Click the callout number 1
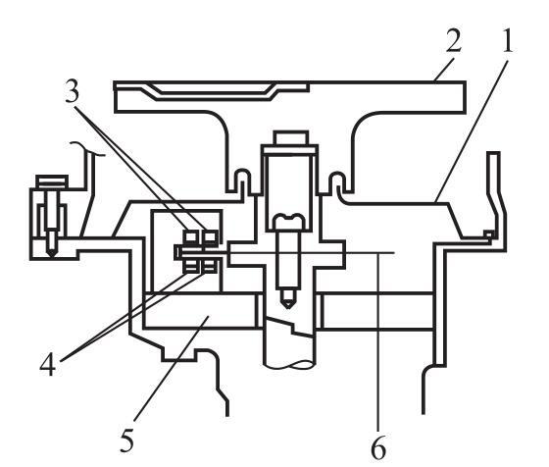(x=505, y=42)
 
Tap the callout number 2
(x=454, y=40)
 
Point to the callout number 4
(x=47, y=364)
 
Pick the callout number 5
(x=127, y=440)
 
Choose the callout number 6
(x=378, y=447)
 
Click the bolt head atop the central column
(x=291, y=137)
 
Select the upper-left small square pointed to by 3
(x=191, y=236)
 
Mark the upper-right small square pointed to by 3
(x=211, y=236)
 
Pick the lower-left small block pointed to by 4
(x=191, y=266)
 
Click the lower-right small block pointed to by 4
(x=210, y=266)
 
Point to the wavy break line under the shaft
(x=289, y=365)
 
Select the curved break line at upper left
(x=87, y=148)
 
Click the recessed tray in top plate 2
(x=213, y=92)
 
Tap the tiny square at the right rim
(x=488, y=233)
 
